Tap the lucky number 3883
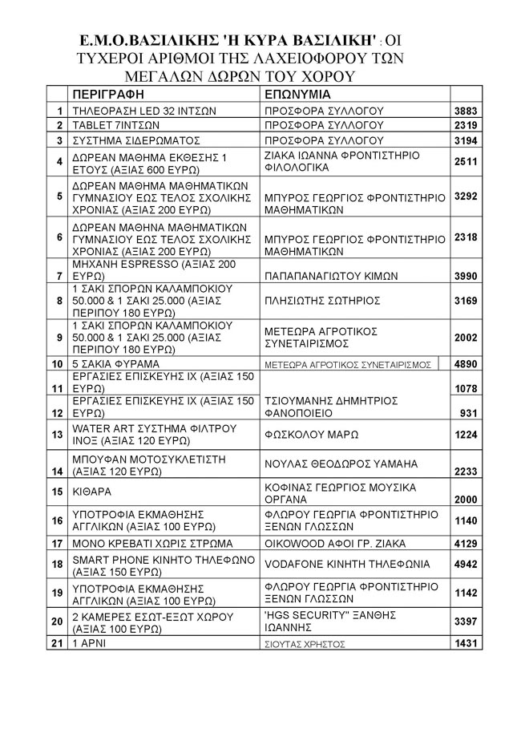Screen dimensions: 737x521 coord(466,110)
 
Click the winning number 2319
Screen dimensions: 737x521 coord(466,126)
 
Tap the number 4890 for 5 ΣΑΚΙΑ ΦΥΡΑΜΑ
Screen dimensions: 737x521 coord(466,364)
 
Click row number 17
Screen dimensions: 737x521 coord(57,543)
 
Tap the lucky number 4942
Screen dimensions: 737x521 coord(466,564)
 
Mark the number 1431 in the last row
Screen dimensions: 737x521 coord(466,644)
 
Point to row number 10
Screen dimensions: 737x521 coord(57,364)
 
